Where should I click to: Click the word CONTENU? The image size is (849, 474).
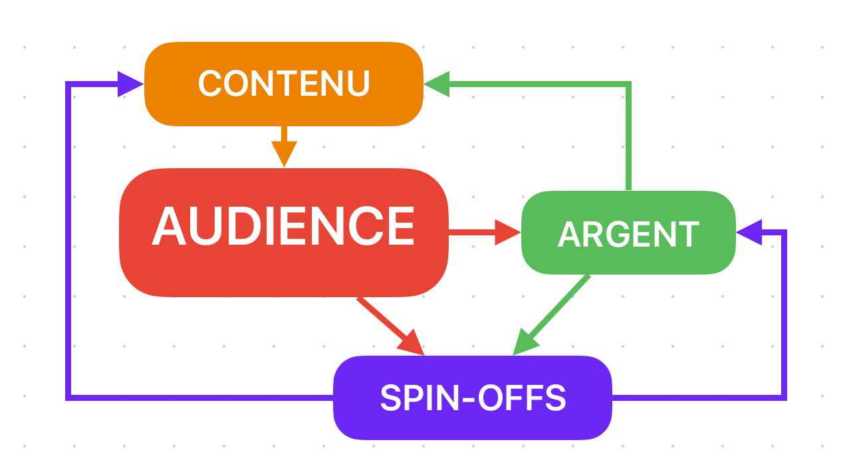click(284, 84)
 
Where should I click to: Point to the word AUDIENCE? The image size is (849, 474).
click(283, 227)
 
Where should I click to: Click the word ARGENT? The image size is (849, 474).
click(628, 234)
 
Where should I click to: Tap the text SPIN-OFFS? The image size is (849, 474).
click(473, 398)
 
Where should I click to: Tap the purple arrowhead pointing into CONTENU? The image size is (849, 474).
click(130, 84)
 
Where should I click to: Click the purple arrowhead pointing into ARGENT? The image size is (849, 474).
click(749, 232)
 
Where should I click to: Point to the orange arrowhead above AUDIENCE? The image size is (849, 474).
click(284, 156)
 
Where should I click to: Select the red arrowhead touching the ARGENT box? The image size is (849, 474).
click(508, 233)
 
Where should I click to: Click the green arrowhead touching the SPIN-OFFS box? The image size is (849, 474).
click(525, 342)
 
